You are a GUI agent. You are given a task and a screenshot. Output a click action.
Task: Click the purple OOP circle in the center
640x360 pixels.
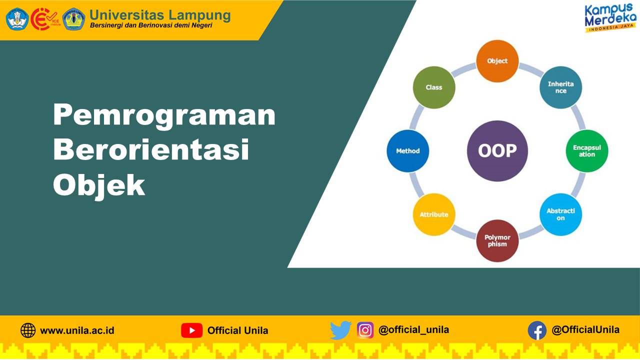click(x=497, y=151)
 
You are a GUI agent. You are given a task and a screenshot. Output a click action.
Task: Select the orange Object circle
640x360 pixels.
click(x=497, y=61)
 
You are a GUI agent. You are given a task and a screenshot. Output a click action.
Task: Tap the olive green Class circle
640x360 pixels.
click(x=434, y=87)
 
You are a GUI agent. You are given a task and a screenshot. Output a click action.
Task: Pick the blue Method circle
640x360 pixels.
click(x=407, y=151)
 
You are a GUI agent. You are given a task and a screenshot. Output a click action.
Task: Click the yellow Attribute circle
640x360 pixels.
click(x=434, y=214)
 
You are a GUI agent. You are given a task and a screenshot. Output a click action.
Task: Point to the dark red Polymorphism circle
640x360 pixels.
click(x=497, y=241)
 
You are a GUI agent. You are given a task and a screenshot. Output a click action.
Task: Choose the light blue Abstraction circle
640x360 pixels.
click(x=561, y=214)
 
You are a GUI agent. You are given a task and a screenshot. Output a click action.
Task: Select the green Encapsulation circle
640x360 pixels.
click(x=587, y=151)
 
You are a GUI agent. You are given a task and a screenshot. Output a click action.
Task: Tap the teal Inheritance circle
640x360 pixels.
click(x=561, y=87)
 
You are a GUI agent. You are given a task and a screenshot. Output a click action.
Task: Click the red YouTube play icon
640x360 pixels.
click(x=191, y=330)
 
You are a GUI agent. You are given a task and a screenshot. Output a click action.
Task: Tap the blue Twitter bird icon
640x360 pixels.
click(x=341, y=330)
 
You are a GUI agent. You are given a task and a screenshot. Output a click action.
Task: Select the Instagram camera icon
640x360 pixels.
click(x=365, y=330)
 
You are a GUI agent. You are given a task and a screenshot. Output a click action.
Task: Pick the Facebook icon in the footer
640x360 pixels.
click(x=537, y=330)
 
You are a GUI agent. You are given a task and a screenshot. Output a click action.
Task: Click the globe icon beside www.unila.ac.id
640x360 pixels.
click(x=28, y=330)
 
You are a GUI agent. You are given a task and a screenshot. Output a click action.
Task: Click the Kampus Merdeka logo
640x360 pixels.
click(x=610, y=17)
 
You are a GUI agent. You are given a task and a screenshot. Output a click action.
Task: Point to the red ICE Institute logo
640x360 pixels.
click(x=45, y=19)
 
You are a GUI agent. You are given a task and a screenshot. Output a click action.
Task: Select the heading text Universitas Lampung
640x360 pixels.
click(x=160, y=15)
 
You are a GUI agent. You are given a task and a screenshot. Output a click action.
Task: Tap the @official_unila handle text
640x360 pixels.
click(x=413, y=330)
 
